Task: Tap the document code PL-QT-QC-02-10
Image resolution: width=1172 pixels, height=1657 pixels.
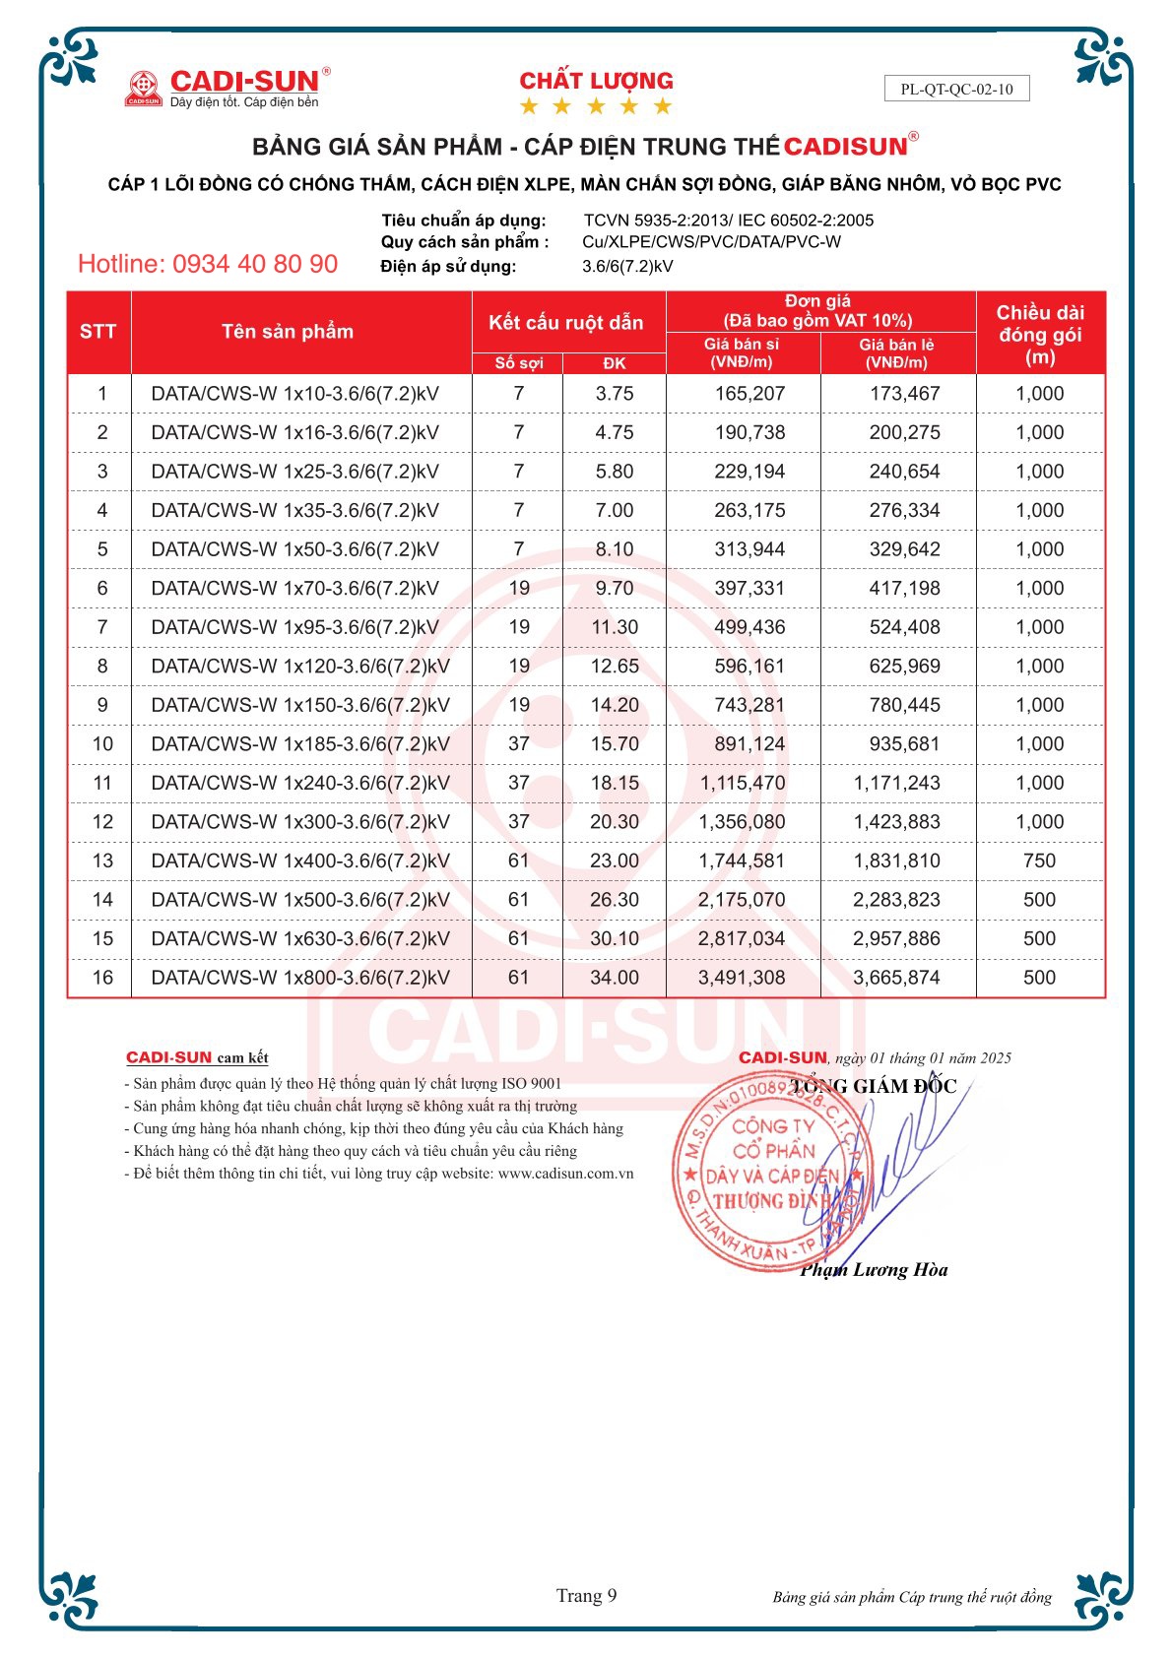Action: coord(956,89)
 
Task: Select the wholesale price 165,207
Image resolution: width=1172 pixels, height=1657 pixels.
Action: coord(749,394)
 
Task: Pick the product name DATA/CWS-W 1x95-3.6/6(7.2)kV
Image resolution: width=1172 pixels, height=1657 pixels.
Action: coord(294,627)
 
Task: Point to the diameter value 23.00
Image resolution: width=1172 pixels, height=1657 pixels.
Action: coord(615,860)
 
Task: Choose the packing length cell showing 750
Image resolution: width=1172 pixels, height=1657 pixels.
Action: coord(1039,860)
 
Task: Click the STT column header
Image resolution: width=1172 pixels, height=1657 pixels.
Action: coord(98,332)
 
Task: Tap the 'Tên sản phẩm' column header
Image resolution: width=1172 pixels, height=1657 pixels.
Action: coord(287,332)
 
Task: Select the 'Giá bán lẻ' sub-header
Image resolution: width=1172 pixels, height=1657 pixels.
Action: coord(896,353)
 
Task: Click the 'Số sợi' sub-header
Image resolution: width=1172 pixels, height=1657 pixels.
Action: coord(518,362)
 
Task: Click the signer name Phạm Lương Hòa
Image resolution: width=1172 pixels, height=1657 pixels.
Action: coord(874,1270)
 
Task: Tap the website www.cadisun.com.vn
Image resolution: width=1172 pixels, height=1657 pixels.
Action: coord(565,1174)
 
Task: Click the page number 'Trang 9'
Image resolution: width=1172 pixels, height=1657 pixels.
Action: coord(586,1596)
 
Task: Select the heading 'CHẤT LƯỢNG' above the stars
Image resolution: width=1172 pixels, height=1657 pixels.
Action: coord(596,81)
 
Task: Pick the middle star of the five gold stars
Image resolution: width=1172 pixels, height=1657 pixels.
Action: coord(596,106)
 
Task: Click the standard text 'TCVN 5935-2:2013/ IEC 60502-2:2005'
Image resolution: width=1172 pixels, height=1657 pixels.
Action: coord(728,221)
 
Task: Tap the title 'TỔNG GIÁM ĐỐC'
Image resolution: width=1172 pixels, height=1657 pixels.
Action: coord(873,1086)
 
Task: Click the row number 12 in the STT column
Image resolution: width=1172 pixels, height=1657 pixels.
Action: coord(102,822)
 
